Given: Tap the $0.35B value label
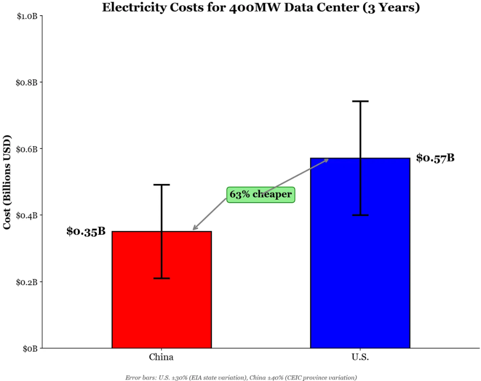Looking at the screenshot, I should pos(86,231).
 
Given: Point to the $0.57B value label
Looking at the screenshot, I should pos(435,158).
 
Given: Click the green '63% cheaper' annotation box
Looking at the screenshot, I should pos(261,194).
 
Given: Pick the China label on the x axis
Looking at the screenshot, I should pos(161,357).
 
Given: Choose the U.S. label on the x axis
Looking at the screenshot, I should pos(360,357).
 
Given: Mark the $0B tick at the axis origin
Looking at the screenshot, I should pos(30,348).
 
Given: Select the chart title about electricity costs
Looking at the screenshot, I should pos(261,8).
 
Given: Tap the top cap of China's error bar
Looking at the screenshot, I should pos(161,184).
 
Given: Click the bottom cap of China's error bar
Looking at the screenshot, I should pos(161,278).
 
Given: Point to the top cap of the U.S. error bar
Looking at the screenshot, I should pos(360,102).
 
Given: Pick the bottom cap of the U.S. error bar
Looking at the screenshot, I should pos(360,215).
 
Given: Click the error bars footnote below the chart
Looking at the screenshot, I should pos(241,377).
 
